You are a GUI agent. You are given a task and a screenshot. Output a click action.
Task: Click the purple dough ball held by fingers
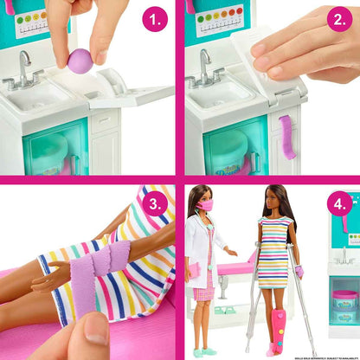point(80,61)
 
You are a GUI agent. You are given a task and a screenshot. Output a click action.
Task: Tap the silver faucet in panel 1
point(26,68)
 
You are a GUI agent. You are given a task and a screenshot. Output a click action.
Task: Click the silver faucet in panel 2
point(205,67)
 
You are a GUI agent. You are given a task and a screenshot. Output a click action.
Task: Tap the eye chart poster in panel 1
point(35,17)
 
